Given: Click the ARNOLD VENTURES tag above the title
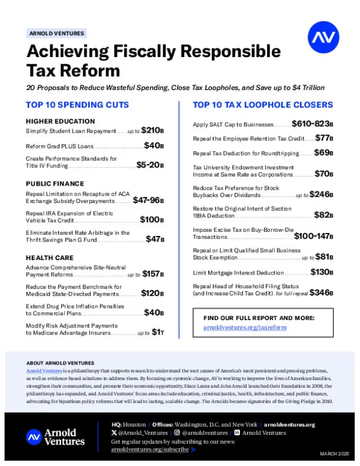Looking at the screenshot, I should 57,34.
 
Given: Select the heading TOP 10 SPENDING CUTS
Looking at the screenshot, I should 77,105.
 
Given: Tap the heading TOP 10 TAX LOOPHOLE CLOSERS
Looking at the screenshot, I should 263,105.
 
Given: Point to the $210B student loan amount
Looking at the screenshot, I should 153,130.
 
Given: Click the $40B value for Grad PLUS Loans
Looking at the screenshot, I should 154,146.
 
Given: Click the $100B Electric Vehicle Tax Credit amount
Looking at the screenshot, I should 152,220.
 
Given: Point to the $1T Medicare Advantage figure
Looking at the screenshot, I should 158,331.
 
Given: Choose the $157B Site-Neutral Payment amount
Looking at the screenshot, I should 153,274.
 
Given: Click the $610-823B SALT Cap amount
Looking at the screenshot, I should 312,124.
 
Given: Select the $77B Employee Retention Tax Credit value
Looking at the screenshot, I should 324,138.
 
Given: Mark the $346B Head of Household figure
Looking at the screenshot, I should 321,293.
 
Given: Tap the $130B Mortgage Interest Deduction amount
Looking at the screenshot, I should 322,272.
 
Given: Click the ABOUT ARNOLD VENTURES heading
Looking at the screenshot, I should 60,363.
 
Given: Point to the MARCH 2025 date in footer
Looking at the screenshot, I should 334,452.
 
